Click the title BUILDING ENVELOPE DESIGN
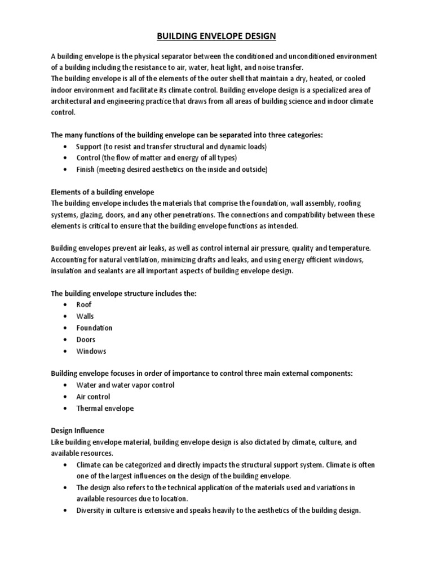tap(216, 37)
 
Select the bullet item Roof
tap(83, 304)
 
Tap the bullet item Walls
tap(85, 316)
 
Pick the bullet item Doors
tap(86, 339)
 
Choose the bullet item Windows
tap(91, 351)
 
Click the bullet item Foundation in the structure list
tap(94, 327)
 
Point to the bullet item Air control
tap(93, 397)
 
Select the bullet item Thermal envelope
tap(105, 409)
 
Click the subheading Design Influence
tap(78, 430)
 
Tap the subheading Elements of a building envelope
tap(103, 192)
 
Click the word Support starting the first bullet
tap(89, 146)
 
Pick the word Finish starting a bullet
tap(86, 169)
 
